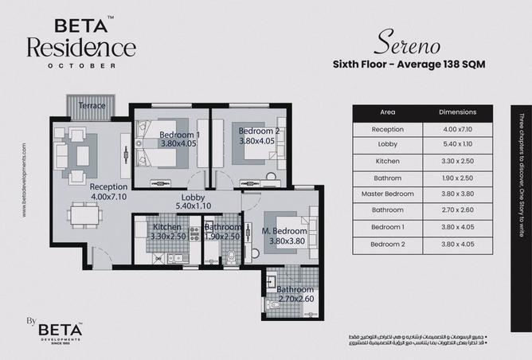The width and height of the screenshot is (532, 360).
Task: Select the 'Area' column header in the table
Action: pos(388,112)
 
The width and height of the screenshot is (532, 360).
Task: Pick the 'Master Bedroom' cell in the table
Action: pos(388,194)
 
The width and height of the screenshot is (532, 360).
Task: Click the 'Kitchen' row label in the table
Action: pos(388,162)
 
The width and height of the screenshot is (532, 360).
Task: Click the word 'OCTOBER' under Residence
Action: pos(80,65)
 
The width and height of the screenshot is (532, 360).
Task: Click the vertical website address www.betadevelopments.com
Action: pos(25,180)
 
